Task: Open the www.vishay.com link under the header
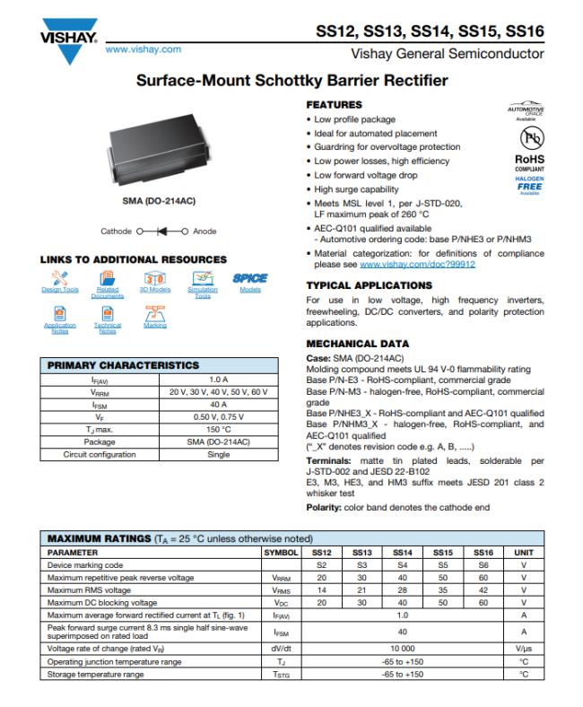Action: (x=144, y=50)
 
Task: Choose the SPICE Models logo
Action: (x=249, y=278)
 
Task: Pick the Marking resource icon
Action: (x=154, y=313)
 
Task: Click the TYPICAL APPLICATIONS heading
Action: (x=370, y=285)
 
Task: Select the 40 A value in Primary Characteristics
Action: (x=219, y=405)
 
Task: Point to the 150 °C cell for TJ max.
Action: (x=219, y=430)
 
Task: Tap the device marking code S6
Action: (x=483, y=565)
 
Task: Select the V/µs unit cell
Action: (x=524, y=647)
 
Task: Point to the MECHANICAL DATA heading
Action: (x=357, y=344)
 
